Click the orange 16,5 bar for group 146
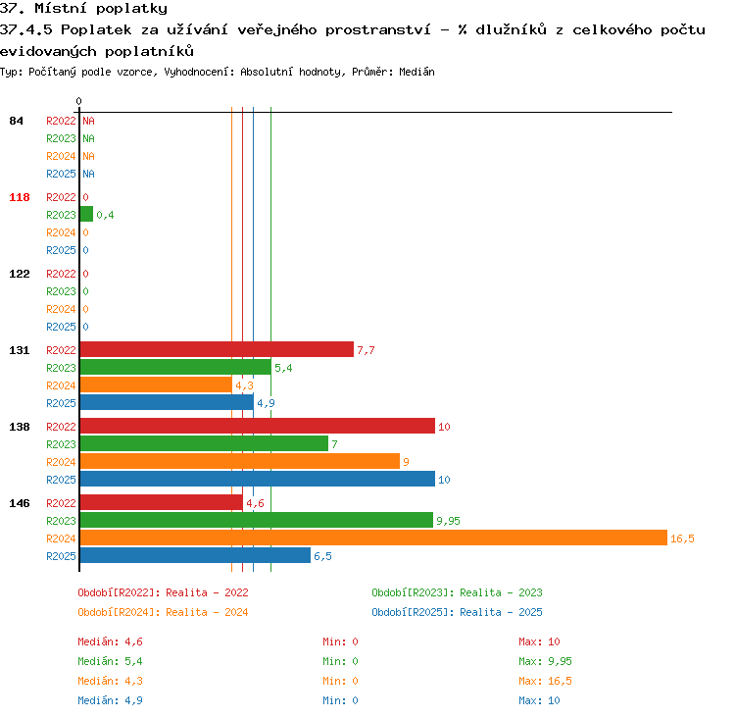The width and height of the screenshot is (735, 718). (373, 538)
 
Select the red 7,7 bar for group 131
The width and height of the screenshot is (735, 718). (217, 349)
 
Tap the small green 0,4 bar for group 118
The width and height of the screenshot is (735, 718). (86, 214)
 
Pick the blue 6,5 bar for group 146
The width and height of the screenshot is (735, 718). (195, 555)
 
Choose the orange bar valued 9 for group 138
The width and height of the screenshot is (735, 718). (239, 461)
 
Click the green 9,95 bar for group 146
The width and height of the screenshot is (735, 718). (257, 520)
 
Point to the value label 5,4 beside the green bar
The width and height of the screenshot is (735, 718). (283, 368)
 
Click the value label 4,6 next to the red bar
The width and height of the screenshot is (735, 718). (255, 503)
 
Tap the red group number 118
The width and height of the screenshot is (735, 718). (20, 197)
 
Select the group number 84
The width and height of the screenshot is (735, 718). (16, 121)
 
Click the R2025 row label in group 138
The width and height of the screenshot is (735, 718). (61, 480)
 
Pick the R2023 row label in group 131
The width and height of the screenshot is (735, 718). (61, 368)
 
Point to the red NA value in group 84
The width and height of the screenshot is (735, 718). (88, 121)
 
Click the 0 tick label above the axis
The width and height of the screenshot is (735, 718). (78, 101)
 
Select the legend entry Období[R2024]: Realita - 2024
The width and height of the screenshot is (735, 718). (163, 612)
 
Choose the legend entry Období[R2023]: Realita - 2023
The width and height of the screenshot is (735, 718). (457, 592)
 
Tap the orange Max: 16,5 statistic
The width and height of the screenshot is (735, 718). (545, 681)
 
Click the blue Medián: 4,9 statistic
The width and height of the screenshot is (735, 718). (110, 700)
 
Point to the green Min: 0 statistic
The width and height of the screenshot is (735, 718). (340, 661)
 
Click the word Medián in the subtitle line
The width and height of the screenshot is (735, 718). (416, 72)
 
